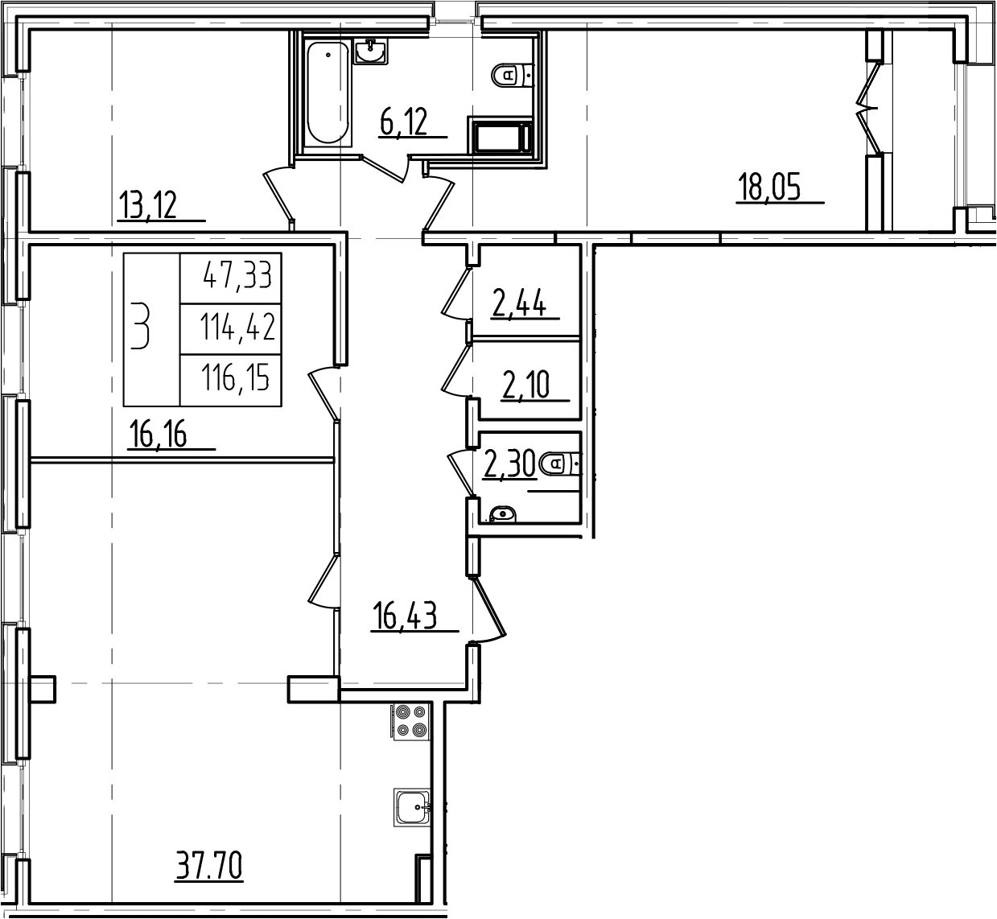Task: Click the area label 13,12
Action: tap(147, 206)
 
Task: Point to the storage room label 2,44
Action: tap(520, 305)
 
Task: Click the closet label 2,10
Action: tap(525, 386)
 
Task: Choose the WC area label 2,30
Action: tap(509, 464)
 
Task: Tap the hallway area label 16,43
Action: tap(404, 617)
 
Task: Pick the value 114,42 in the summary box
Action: tap(238, 328)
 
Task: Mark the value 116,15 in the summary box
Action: tap(237, 377)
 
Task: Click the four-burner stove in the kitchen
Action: tap(411, 721)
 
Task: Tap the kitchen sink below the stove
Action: tap(413, 806)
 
